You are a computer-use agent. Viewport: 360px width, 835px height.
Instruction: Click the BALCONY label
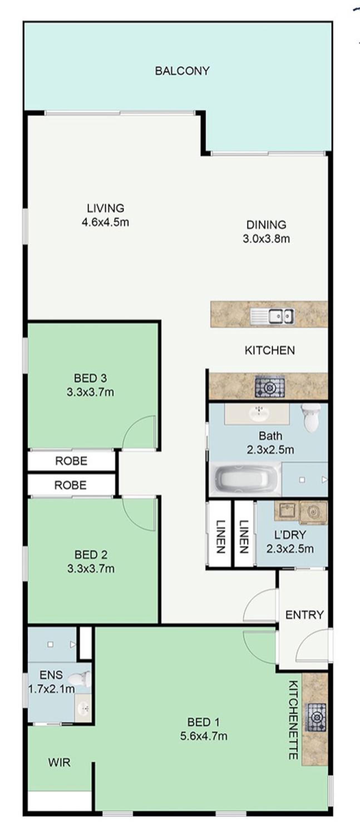click(182, 71)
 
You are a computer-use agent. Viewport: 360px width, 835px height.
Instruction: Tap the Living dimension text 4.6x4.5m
click(105, 222)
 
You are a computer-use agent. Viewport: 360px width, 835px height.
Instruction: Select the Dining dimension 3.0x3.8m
click(266, 239)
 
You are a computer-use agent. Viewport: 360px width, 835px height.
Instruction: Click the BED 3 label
click(90, 378)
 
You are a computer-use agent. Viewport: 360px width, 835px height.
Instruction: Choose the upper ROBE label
click(71, 461)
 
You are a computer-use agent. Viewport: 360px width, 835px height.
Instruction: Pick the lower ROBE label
click(70, 485)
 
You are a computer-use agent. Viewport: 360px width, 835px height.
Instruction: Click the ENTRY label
click(304, 615)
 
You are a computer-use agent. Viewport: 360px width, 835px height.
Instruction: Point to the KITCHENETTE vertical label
click(293, 719)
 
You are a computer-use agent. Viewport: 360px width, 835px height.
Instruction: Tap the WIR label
click(59, 762)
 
